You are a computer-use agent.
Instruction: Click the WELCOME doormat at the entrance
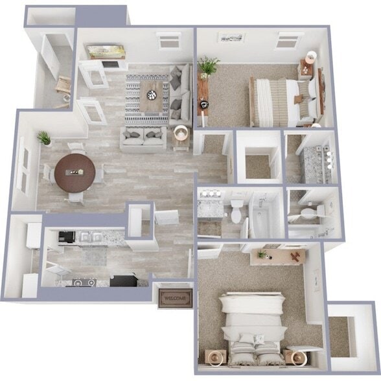(174, 299)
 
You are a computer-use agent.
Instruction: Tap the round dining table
(75, 173)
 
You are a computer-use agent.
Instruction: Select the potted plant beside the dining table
(45, 138)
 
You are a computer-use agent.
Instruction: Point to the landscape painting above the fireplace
(106, 51)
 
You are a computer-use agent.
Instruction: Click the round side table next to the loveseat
(181, 132)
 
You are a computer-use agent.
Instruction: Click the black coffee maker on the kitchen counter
(62, 237)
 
